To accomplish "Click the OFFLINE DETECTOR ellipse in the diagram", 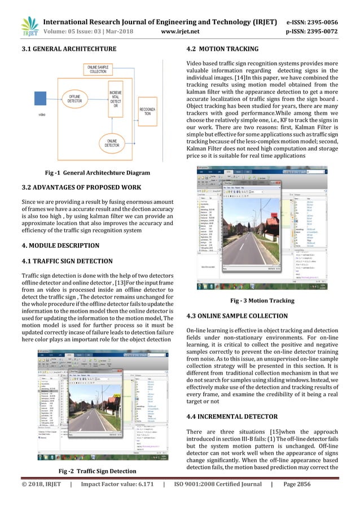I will tap(74, 100).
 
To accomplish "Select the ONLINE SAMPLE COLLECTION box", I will tap(98, 70).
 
